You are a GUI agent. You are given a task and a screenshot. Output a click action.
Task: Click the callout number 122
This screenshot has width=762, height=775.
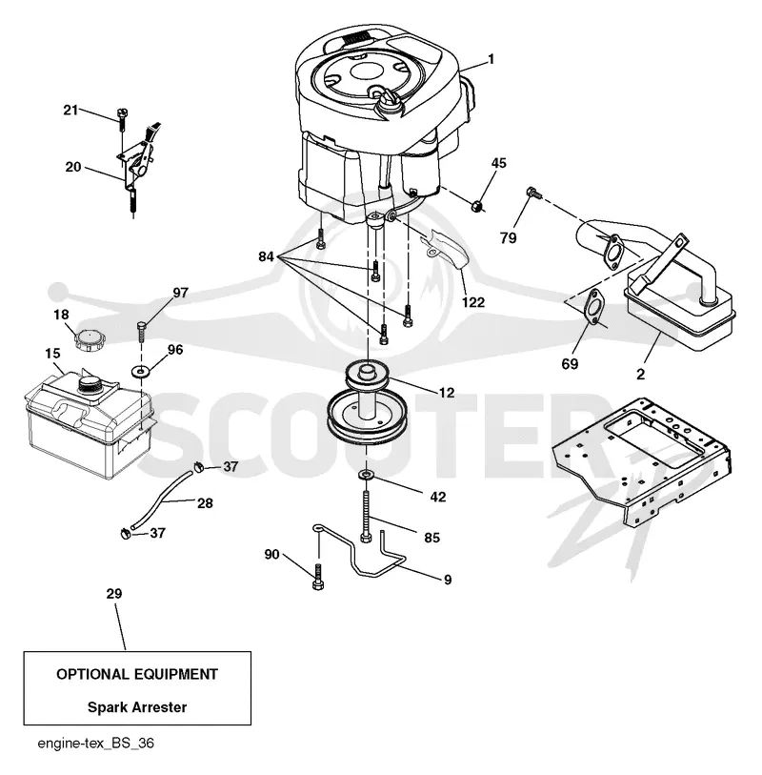tap(473, 302)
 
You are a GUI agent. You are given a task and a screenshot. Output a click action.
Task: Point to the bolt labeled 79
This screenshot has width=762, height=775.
tap(532, 193)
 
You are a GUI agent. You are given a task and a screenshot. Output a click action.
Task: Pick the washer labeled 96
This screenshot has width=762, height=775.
tap(142, 370)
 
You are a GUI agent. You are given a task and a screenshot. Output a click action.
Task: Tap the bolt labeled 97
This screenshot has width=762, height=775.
tap(141, 332)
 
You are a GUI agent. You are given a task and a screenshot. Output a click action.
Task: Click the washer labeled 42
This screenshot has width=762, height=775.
tap(366, 475)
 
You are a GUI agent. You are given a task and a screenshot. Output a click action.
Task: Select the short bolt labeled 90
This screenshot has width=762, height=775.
tap(318, 577)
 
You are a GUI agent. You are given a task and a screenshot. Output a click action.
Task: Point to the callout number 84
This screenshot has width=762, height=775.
tap(266, 256)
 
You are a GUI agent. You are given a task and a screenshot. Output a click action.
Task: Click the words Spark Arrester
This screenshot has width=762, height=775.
tap(137, 707)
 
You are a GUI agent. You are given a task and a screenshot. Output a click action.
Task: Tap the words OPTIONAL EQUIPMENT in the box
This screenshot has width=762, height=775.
tap(137, 674)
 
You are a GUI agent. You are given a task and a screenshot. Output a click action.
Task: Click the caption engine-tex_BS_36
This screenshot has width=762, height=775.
tap(96, 744)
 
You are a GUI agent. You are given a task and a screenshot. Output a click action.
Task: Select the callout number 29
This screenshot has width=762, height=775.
tap(114, 593)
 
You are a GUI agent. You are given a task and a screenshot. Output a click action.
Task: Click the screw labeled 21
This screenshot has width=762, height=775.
tap(122, 119)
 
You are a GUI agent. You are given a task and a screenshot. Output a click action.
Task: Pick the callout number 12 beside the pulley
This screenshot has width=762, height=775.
tap(447, 393)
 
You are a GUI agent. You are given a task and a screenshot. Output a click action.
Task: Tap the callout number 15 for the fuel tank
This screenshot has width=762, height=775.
tap(52, 354)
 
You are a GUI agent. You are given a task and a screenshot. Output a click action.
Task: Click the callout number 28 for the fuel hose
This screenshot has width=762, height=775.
tap(205, 503)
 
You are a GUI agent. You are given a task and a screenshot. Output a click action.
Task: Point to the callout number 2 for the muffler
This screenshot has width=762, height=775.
tap(640, 375)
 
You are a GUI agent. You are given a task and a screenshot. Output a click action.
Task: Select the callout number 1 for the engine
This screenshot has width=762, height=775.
tap(491, 59)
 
